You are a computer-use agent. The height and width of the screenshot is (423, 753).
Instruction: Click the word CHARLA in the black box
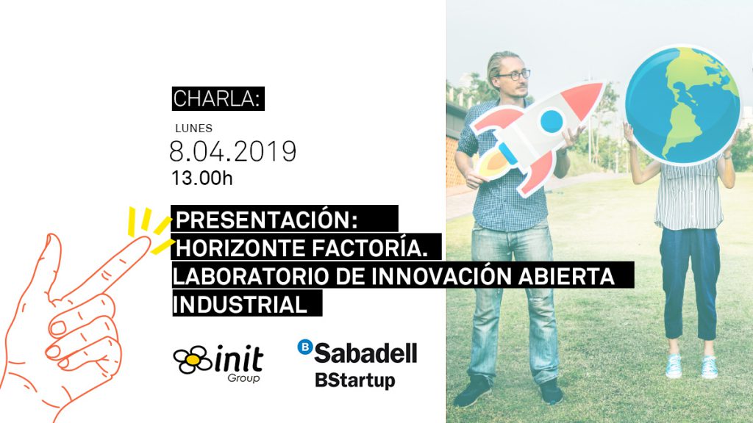[215, 99]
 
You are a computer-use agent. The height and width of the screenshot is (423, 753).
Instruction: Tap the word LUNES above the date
[194, 128]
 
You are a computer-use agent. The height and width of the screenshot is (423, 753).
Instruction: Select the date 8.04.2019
[233, 151]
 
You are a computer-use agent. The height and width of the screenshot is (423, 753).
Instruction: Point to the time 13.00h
[202, 178]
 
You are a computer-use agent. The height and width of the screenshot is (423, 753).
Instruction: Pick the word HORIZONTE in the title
[240, 248]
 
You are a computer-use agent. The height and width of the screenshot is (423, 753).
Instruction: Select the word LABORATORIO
[251, 277]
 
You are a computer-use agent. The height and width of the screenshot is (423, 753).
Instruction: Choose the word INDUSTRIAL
[240, 305]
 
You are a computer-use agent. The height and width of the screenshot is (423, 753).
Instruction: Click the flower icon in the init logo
[193, 359]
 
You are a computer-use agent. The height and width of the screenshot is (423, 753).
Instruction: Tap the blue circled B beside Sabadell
[305, 347]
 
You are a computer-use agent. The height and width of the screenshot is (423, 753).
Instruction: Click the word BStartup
[355, 380]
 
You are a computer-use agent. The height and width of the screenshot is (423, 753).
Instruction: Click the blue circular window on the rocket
[552, 121]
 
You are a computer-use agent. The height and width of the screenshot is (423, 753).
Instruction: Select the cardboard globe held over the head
[683, 104]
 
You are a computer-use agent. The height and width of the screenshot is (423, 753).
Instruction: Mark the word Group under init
[243, 378]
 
